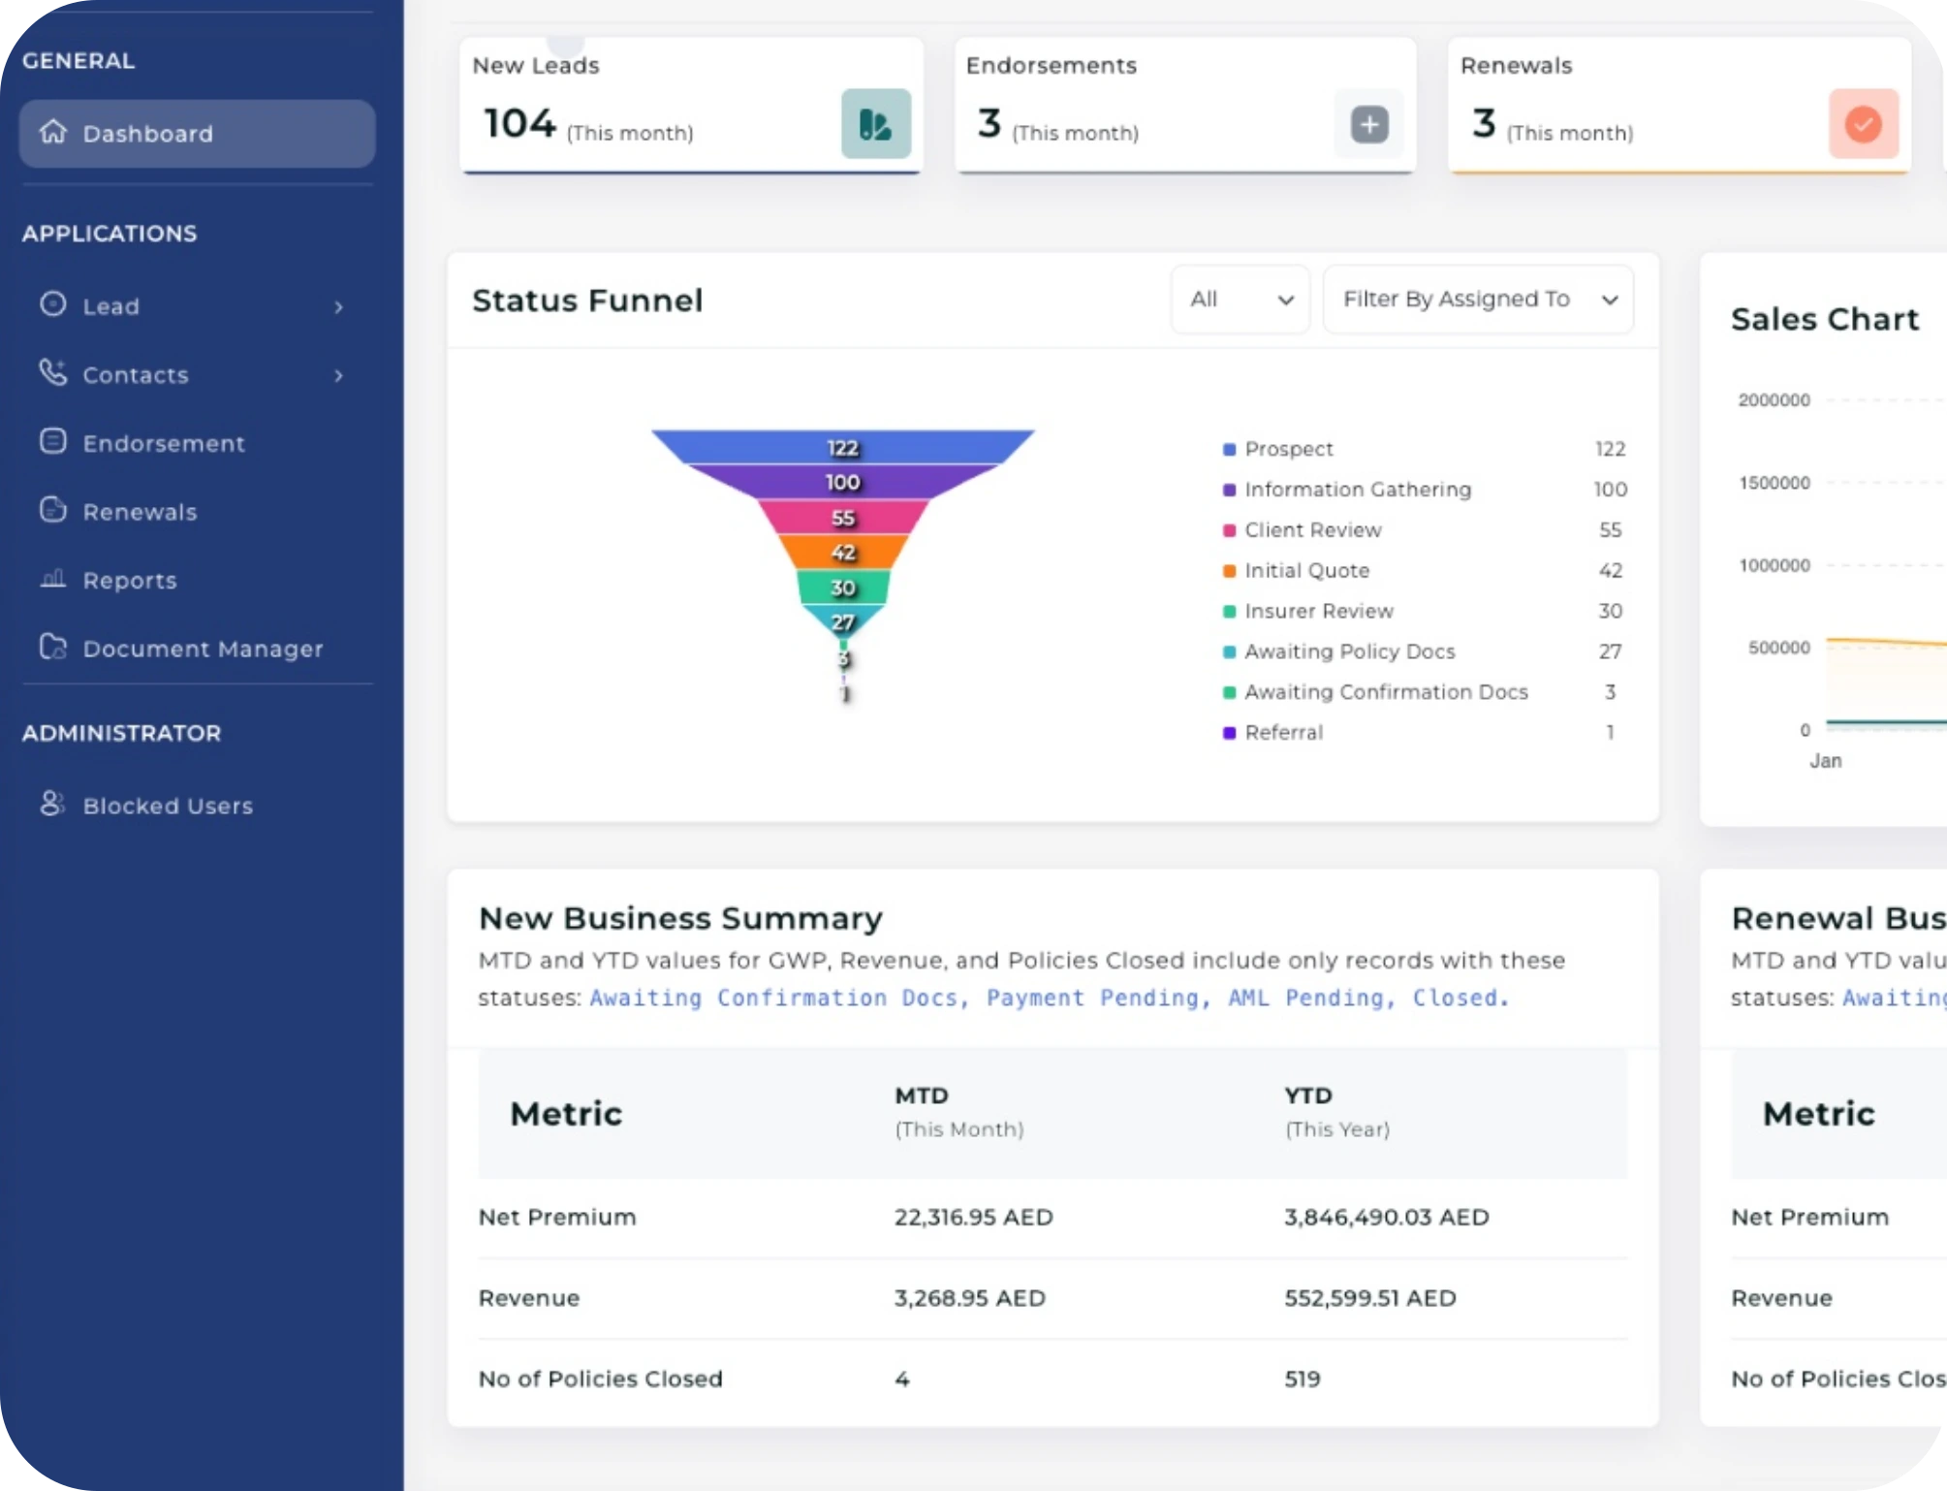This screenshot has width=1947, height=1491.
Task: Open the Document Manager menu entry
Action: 202,649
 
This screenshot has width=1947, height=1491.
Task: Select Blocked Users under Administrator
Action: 167,806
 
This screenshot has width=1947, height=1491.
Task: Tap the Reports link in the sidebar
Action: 129,581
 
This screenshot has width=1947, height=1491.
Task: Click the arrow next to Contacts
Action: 338,376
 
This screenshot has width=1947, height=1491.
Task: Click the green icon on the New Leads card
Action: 875,124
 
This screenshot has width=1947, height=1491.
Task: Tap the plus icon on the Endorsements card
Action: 1368,124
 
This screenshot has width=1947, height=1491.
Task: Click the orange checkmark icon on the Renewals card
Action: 1863,124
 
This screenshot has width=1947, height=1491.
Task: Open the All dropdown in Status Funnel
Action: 1240,300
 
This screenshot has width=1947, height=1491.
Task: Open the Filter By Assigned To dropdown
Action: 1477,300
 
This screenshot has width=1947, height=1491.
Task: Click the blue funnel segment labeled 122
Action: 842,447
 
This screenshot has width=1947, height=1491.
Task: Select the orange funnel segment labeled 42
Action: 842,552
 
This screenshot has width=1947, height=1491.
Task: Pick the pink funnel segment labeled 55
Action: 842,517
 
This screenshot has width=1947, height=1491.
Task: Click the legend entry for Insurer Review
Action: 1318,612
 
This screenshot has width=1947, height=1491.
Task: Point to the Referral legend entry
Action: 1283,733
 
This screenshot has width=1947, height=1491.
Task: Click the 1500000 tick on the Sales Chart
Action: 1774,483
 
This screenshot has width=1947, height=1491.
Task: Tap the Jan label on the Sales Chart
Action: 1825,761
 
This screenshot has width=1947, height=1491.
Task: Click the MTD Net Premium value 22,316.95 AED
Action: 973,1218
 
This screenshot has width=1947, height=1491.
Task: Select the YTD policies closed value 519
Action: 1302,1379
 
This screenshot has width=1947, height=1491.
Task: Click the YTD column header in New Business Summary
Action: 1308,1096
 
